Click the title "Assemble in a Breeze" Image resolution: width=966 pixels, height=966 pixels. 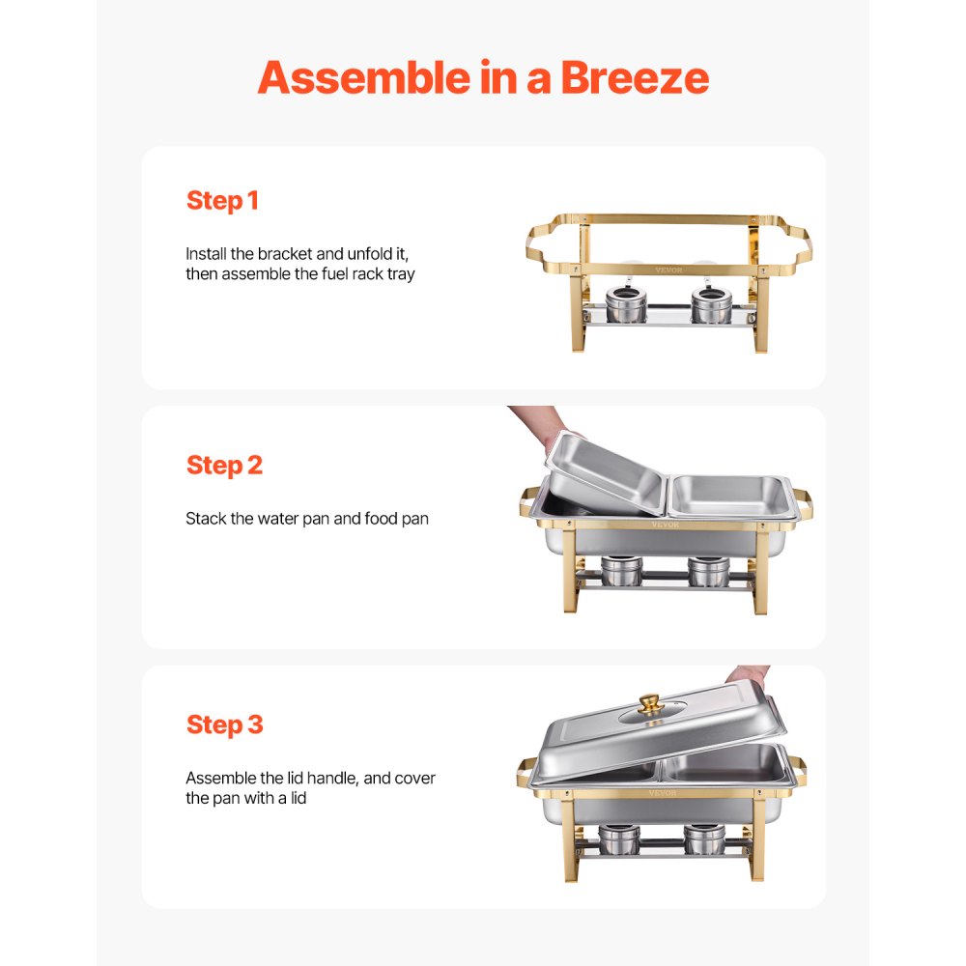tap(483, 77)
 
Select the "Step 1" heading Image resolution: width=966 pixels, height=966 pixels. tap(222, 201)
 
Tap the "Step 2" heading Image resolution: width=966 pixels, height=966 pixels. tap(224, 465)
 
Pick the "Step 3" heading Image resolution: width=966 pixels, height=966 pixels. tap(224, 724)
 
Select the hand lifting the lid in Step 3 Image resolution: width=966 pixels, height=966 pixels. tap(749, 673)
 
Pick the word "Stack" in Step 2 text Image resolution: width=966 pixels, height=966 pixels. tap(206, 519)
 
